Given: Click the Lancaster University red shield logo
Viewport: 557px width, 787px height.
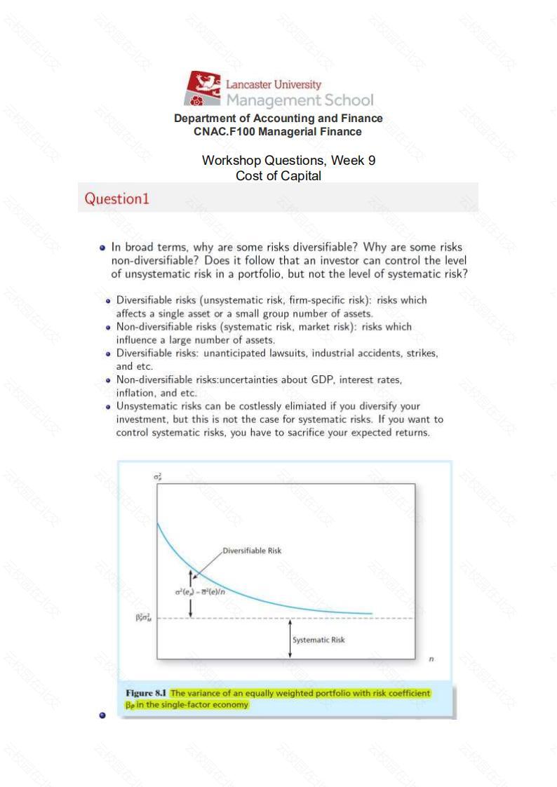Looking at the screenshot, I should coord(203,88).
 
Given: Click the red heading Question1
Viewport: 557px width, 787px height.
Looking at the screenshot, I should coord(117,199).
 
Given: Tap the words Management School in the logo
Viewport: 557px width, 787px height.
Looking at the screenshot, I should coord(299,100).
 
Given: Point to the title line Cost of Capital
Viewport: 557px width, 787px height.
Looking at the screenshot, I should coord(278,175).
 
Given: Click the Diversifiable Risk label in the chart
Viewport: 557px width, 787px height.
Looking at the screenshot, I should coord(252,551).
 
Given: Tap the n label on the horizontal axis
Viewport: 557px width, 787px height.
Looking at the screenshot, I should coord(431,659).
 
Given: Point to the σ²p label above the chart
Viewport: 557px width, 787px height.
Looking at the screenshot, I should coord(158,476).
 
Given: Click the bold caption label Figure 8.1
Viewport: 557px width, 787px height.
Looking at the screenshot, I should coord(146,694).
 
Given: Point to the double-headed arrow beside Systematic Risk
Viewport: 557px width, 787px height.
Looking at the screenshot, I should coord(290,639).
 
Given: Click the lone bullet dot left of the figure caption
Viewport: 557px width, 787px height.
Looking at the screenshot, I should coord(103,715).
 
